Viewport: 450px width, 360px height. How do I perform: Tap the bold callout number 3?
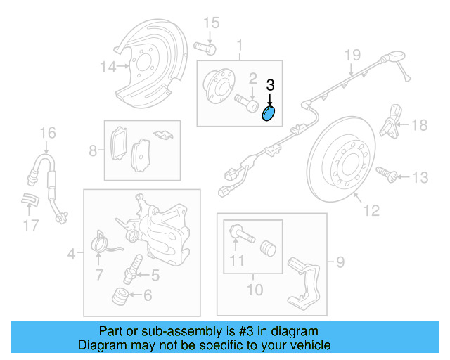point(270,86)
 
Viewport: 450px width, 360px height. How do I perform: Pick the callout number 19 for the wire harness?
point(352,56)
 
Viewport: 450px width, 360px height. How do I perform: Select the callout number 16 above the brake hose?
point(47,132)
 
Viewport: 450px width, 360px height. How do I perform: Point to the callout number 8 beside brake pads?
point(93,150)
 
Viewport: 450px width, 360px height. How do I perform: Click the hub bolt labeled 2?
point(248,103)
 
